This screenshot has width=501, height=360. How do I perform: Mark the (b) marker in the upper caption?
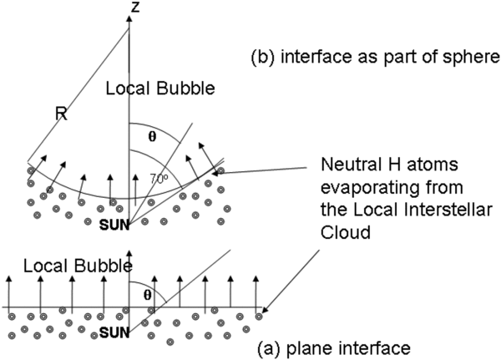click(264, 58)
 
